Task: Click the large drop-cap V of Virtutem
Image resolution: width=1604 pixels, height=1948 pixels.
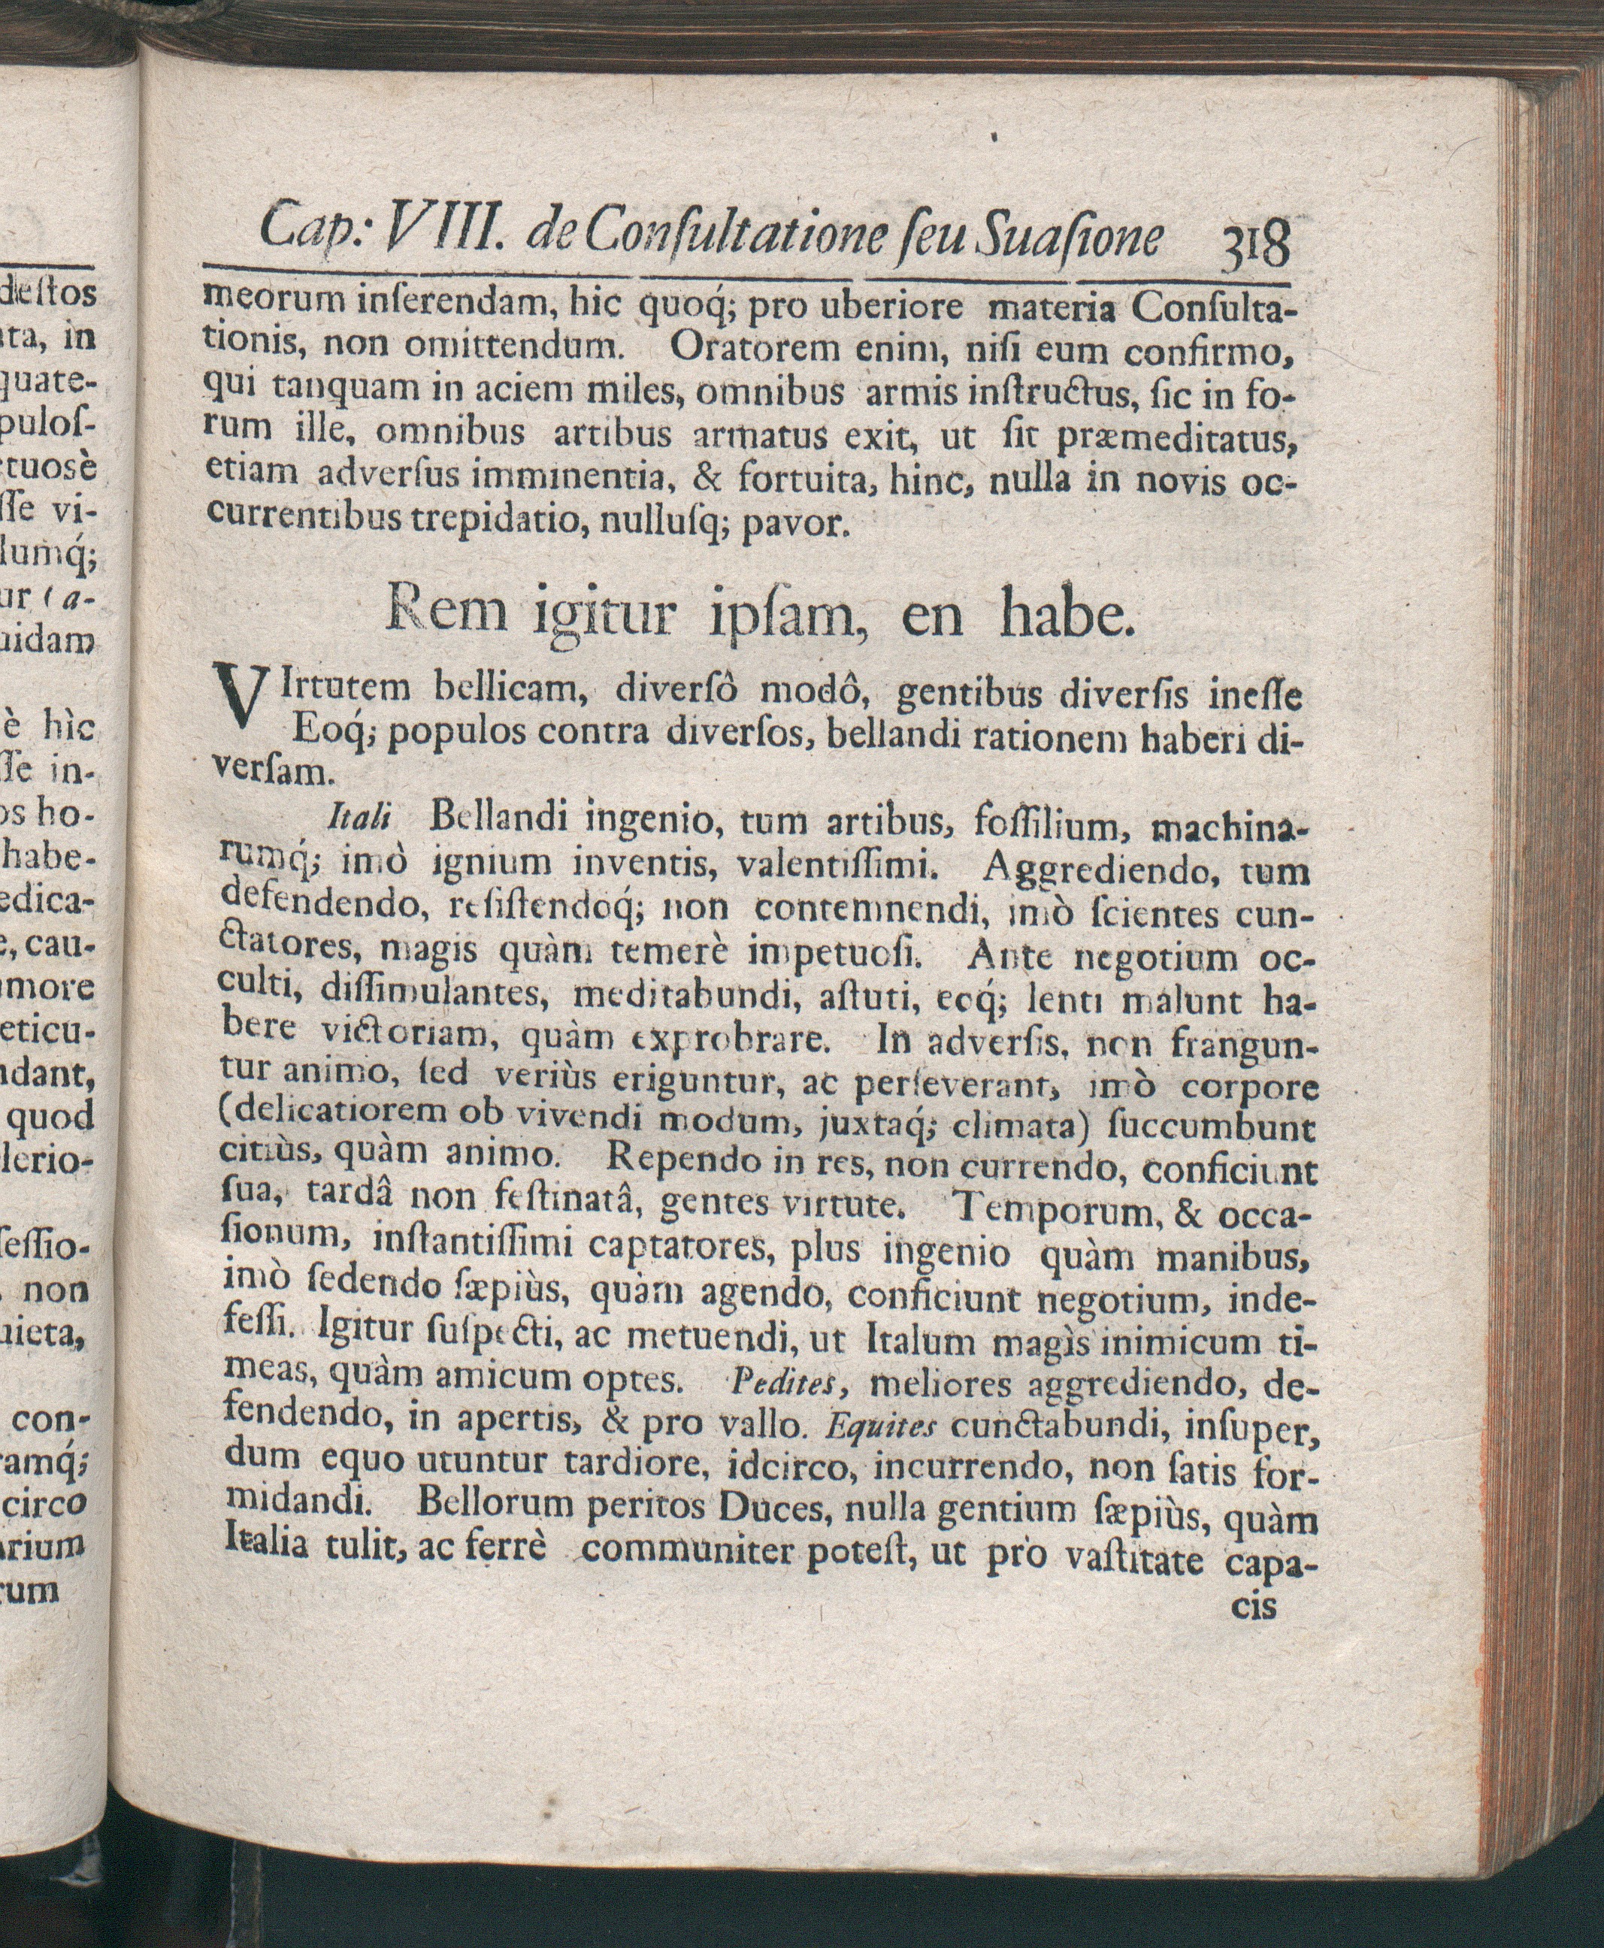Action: tap(238, 713)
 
